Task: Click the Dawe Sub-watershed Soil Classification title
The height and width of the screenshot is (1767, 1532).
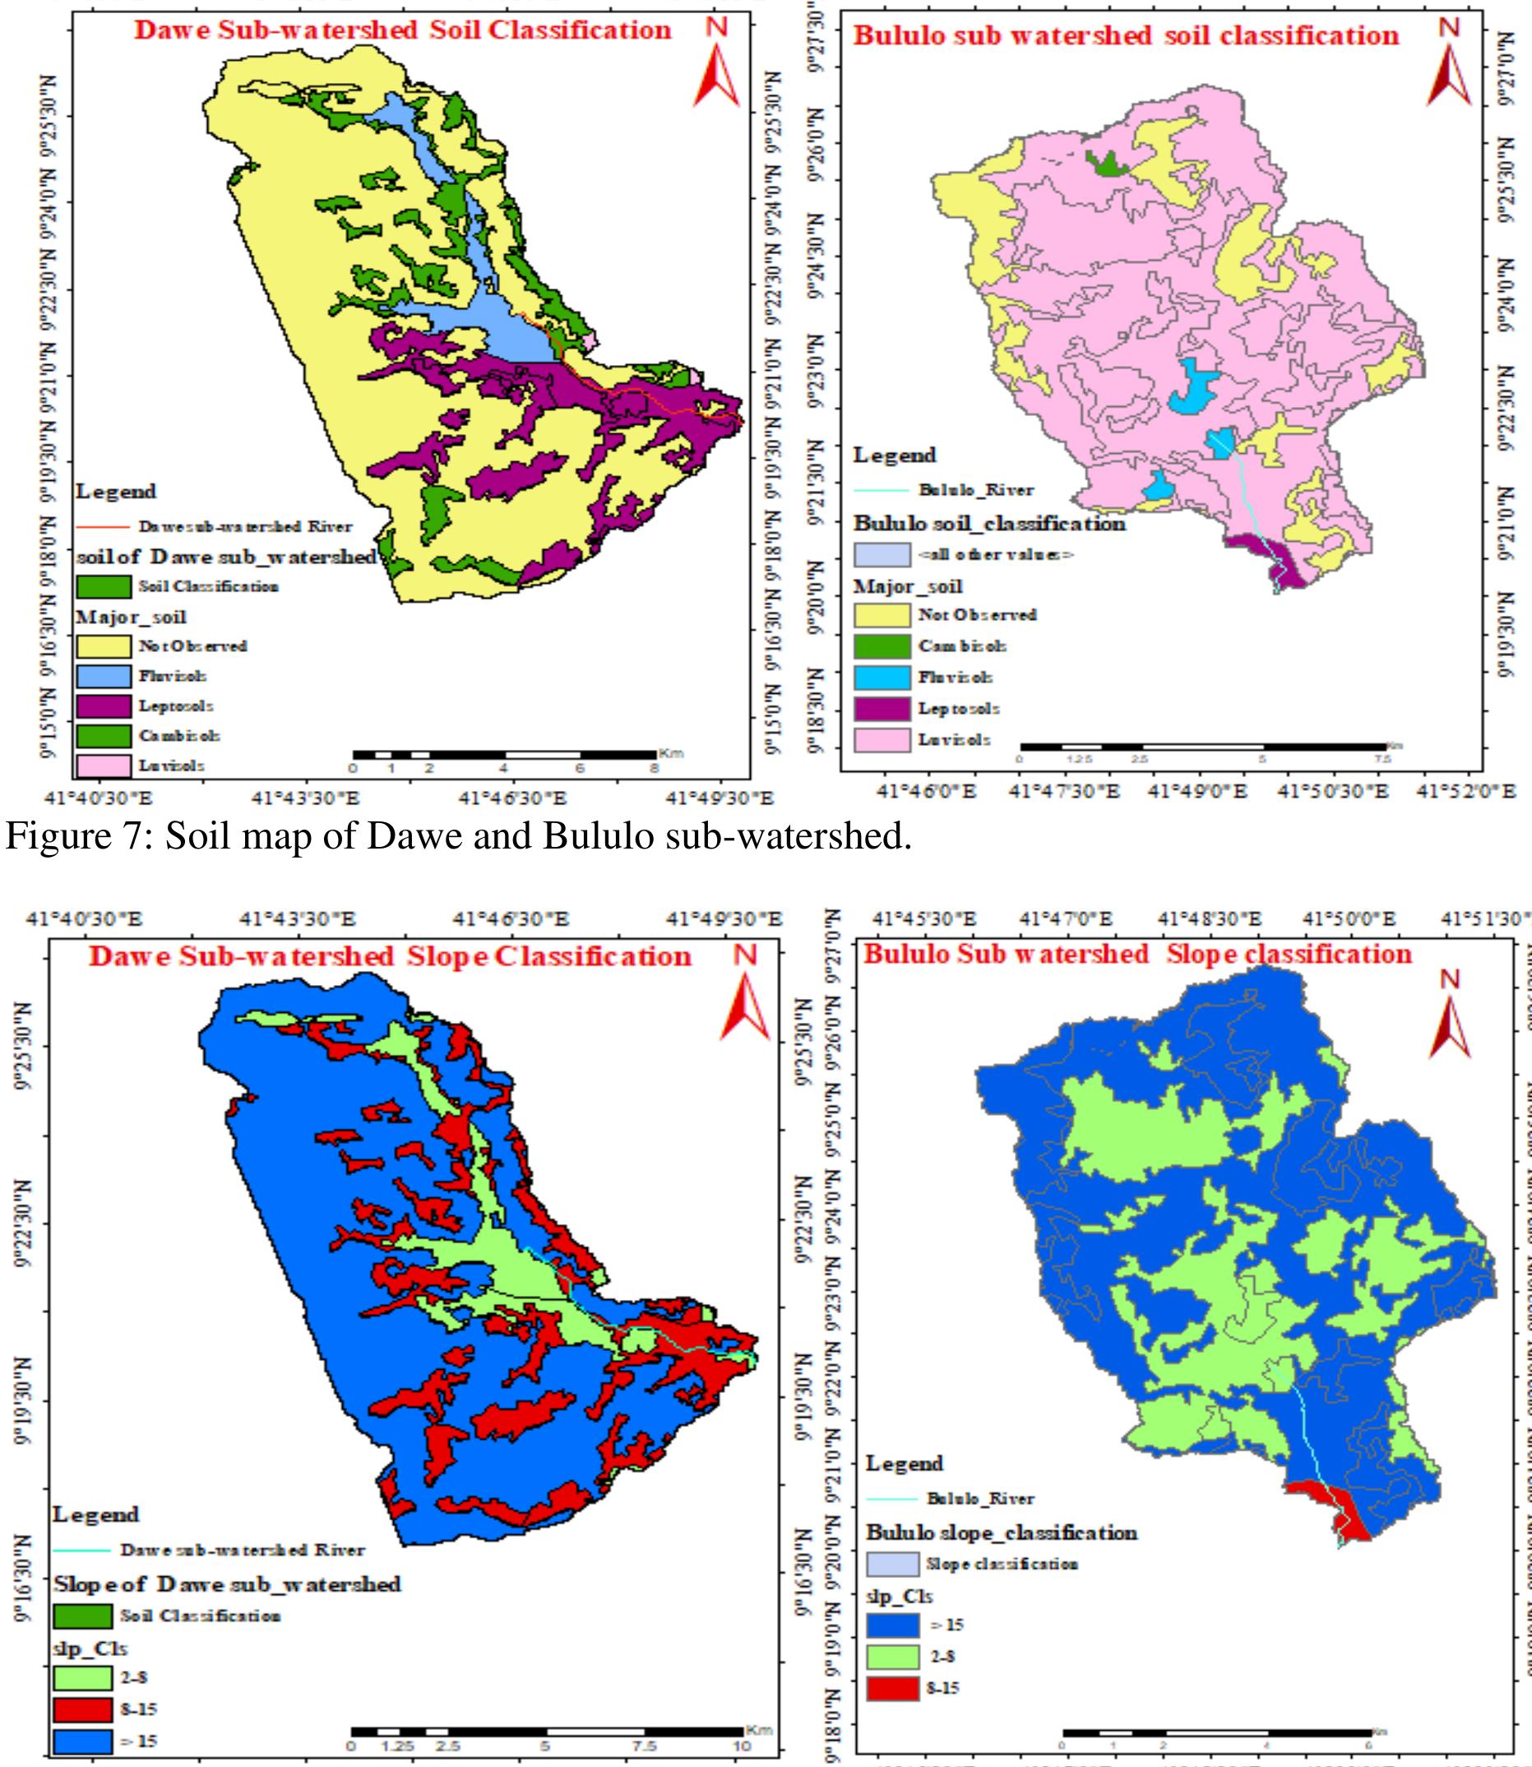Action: (x=402, y=30)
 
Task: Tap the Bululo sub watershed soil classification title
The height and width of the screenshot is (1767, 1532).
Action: (x=1126, y=36)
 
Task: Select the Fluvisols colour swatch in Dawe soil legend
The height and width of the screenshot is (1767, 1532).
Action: (x=104, y=676)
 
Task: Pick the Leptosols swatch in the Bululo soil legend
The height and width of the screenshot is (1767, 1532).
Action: (x=882, y=709)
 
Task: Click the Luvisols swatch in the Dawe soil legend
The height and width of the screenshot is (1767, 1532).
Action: (x=104, y=766)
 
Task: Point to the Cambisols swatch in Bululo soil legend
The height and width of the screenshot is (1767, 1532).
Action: (x=882, y=646)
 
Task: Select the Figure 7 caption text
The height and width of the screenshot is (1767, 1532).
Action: (x=458, y=836)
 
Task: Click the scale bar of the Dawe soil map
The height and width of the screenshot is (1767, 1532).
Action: (x=504, y=755)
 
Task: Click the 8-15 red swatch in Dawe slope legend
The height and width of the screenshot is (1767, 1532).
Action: (x=82, y=1703)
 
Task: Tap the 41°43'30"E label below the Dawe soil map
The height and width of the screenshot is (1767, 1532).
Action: (x=306, y=798)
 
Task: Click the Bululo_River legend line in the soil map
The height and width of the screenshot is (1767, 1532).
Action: (x=881, y=490)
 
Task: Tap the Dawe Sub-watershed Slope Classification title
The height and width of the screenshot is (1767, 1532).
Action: (x=390, y=955)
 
